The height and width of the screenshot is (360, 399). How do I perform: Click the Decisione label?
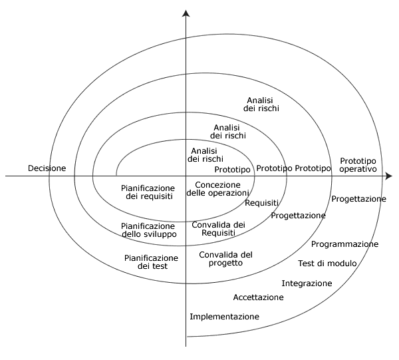(47, 168)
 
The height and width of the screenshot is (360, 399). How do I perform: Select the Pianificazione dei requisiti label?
(149, 192)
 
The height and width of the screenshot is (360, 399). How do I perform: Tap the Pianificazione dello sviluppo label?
(148, 230)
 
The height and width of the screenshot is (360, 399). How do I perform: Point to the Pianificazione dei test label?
(152, 262)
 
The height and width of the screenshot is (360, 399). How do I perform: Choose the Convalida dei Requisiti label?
(218, 229)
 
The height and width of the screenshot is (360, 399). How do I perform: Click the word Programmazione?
(344, 244)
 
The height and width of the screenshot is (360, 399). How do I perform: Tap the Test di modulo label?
(327, 264)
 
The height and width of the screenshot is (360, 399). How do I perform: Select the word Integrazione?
(307, 283)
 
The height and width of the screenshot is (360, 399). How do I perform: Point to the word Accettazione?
(258, 297)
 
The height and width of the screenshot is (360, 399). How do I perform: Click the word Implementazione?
(224, 317)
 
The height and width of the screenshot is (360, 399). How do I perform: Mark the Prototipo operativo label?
(358, 165)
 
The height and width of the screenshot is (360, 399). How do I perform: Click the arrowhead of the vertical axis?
(186, 13)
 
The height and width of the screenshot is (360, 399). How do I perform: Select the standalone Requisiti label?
(261, 203)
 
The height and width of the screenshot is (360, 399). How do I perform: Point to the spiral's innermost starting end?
(116, 175)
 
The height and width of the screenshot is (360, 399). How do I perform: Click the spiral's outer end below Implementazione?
(188, 337)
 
